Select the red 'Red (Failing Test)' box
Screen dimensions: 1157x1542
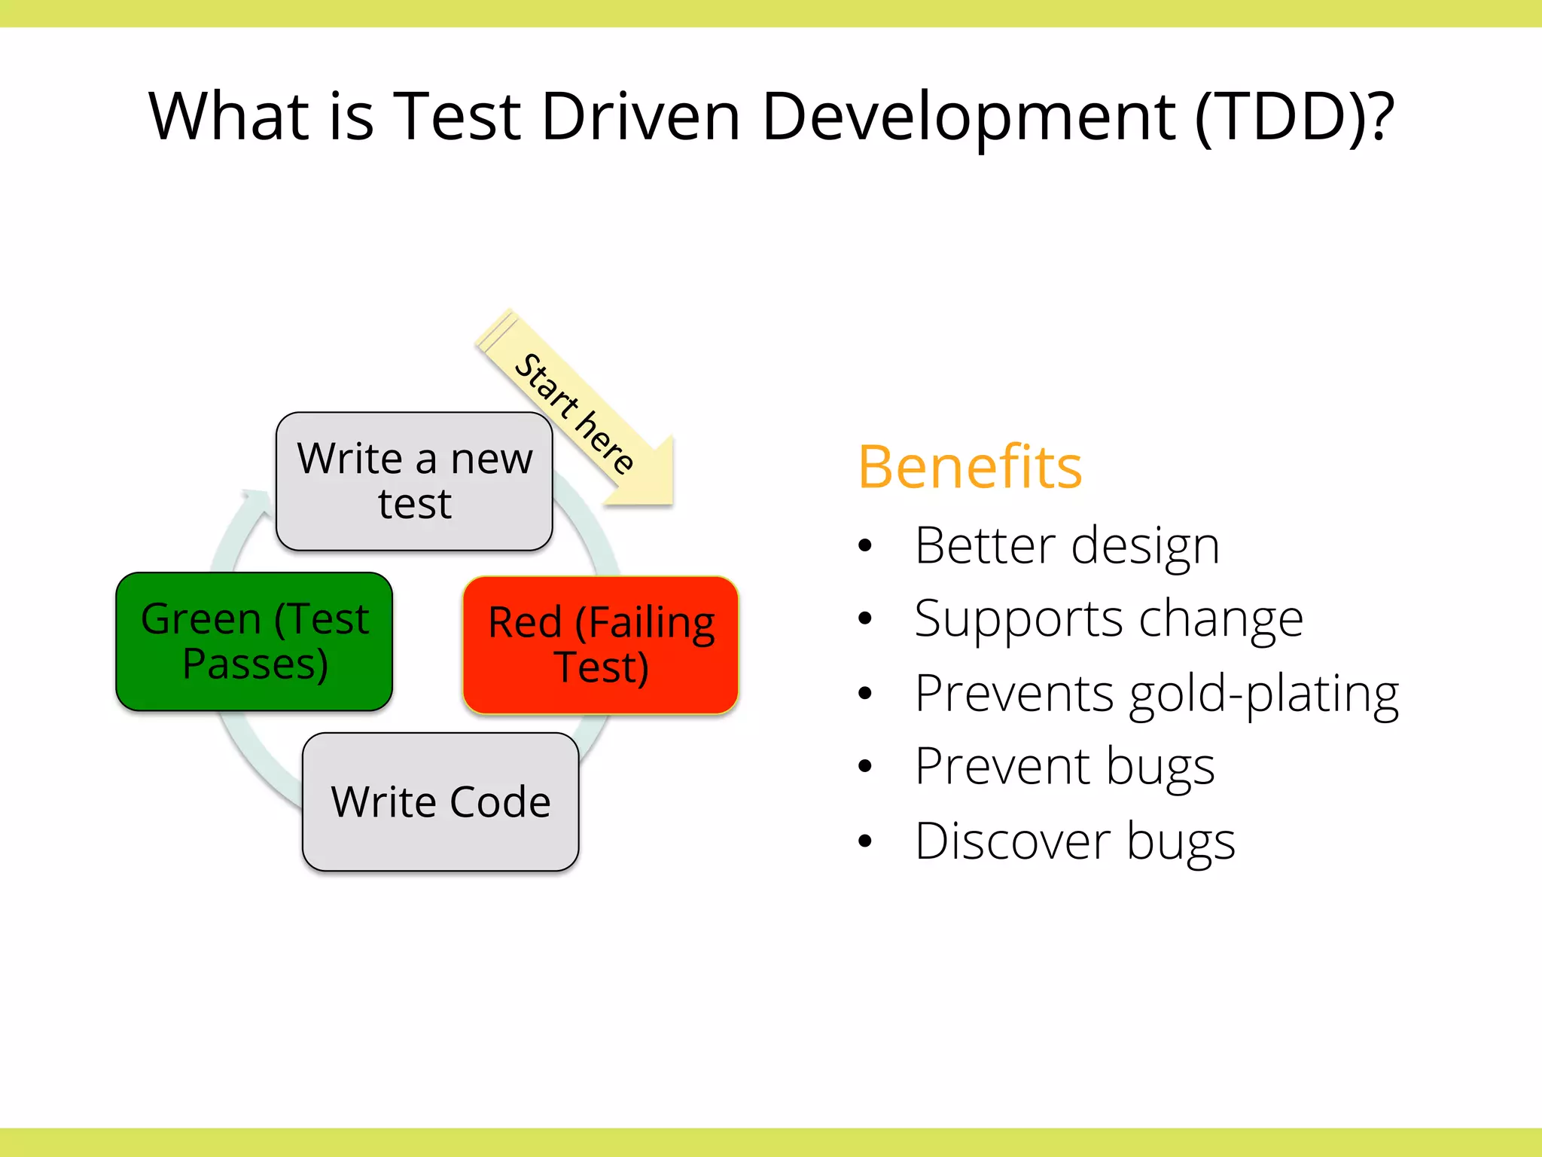[x=600, y=645]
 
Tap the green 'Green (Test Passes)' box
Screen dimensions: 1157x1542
[x=254, y=641]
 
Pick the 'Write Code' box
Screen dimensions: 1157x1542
[x=440, y=801]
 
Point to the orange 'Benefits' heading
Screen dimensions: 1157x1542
[x=970, y=467]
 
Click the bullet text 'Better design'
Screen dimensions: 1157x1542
[x=1066, y=545]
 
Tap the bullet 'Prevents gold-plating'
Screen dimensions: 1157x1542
[x=1156, y=693]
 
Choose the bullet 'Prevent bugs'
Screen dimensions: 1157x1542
[x=1065, y=767]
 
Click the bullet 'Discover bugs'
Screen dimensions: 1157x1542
[x=1074, y=841]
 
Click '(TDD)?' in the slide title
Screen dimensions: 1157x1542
[x=1295, y=117]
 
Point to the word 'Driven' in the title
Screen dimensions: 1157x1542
[x=641, y=117]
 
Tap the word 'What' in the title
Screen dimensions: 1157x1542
[x=230, y=117]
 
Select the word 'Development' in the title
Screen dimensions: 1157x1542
[x=968, y=117]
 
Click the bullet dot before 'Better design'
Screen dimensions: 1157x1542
[x=865, y=546]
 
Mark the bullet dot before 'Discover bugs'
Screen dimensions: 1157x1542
[x=865, y=841]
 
